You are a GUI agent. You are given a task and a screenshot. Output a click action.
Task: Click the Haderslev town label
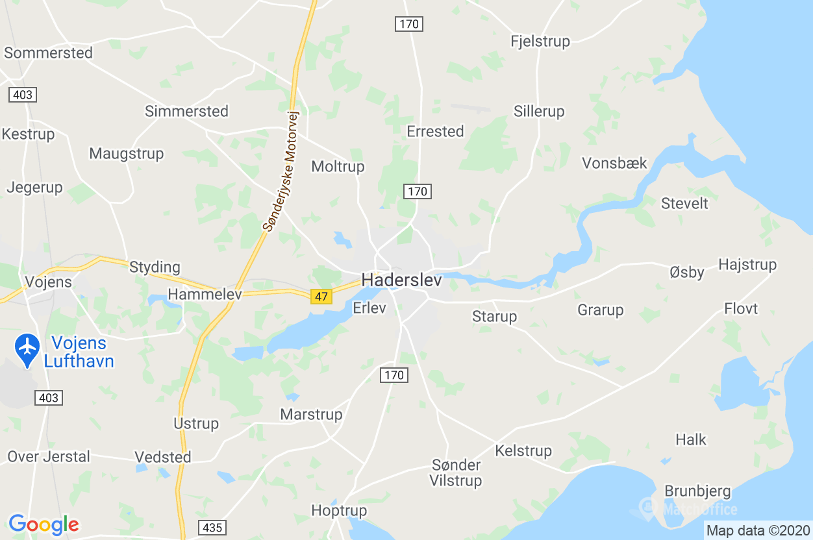tap(401, 280)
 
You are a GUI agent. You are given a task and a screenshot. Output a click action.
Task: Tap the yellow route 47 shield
tap(321, 297)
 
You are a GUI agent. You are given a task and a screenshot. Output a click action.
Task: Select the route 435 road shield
tap(212, 528)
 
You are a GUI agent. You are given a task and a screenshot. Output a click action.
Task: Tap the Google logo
tap(44, 524)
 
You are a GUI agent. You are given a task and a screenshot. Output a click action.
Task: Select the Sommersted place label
tap(49, 53)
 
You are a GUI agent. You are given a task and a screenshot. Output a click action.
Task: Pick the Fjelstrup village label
tap(540, 41)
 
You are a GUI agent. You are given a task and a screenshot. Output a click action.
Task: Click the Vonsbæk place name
tap(614, 162)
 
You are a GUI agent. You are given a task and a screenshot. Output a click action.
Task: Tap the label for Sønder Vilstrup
tap(456, 472)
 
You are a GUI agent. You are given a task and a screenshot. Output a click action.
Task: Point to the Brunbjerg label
tap(697, 491)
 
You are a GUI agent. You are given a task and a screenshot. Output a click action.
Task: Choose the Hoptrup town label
tap(339, 510)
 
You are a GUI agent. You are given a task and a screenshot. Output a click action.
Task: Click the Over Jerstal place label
tap(49, 456)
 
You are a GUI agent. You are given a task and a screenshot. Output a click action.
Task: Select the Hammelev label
tap(205, 294)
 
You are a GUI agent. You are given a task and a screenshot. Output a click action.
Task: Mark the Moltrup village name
tap(338, 166)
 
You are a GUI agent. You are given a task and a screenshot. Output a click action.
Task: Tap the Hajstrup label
tap(747, 264)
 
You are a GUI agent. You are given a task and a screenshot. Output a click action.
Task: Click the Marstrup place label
tap(311, 413)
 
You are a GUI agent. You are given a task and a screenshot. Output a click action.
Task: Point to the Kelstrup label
tap(523, 450)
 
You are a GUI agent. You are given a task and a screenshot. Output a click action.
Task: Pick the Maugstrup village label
tap(127, 154)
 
